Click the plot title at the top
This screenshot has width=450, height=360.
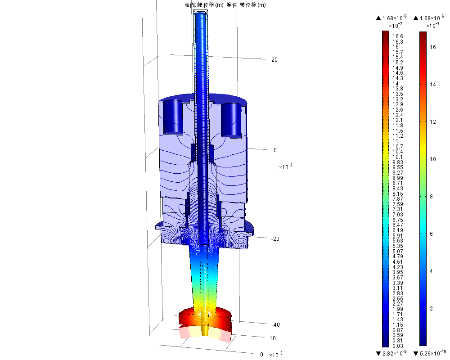[225, 5]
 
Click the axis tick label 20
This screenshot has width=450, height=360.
[274, 60]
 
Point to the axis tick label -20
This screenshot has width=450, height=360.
[275, 239]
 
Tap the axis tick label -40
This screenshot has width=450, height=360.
[275, 325]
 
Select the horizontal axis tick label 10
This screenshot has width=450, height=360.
[273, 338]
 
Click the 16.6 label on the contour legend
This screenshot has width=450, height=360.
[398, 36]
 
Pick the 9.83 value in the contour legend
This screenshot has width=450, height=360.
[398, 162]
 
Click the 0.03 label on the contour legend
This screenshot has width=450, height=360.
[398, 346]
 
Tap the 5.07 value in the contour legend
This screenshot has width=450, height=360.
[398, 252]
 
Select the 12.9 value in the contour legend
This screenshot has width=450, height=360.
[398, 104]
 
